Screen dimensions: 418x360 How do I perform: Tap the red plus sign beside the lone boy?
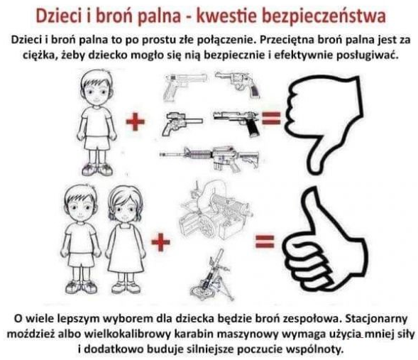(x=136, y=121)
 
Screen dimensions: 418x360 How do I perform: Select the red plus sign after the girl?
(x=160, y=242)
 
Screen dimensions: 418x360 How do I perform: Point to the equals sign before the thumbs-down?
(x=271, y=118)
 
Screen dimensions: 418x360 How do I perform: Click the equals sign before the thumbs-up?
(x=265, y=241)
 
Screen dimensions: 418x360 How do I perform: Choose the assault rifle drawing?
(x=209, y=158)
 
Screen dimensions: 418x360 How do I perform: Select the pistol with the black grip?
(x=236, y=122)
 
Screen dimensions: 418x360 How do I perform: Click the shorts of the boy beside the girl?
(x=82, y=259)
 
